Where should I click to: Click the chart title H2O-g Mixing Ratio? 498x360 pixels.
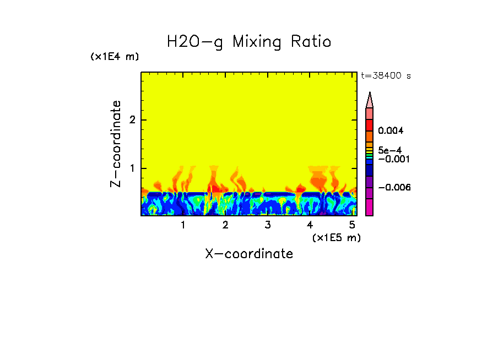click(249, 42)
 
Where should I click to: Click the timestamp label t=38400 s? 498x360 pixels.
click(386, 76)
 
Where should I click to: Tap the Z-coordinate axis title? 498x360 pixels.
click(116, 144)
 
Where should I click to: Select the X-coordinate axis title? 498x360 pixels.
click(249, 254)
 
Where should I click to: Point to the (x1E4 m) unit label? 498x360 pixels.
click(115, 57)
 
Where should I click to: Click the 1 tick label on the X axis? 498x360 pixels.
click(183, 225)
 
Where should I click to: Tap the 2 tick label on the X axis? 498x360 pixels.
click(225, 225)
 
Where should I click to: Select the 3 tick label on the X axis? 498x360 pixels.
click(268, 225)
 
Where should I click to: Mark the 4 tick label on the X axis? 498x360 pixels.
click(310, 225)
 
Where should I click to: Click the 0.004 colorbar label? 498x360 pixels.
click(391, 131)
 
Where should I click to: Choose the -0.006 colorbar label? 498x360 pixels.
click(393, 188)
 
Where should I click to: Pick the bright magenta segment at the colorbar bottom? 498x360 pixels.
click(370, 208)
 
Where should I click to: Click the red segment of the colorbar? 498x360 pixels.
click(370, 125)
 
